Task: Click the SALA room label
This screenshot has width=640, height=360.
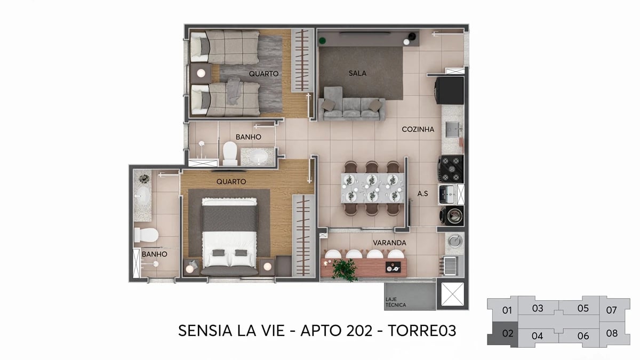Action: [357, 73]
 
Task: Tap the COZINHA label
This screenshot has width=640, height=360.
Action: [418, 129]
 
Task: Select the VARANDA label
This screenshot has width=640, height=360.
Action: [389, 243]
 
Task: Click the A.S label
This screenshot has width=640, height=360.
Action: [422, 194]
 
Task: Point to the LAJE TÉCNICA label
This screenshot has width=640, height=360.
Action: [395, 302]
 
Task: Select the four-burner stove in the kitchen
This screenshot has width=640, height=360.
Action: [451, 168]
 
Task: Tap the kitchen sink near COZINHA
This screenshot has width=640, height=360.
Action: [452, 129]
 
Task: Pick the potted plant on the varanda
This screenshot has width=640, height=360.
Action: [344, 270]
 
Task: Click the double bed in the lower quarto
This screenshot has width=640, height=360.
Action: [229, 235]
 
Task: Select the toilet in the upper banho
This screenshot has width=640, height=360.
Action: [230, 153]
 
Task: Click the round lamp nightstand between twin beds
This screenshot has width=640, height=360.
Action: [201, 74]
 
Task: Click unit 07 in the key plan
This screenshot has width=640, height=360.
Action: [611, 310]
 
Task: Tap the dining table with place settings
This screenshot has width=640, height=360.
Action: [372, 188]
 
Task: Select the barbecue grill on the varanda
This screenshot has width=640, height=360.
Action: [451, 265]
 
